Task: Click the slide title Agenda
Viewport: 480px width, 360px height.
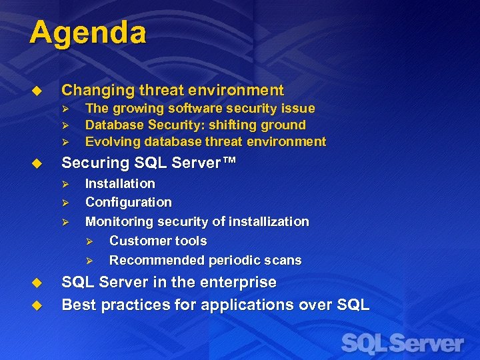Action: pyautogui.click(x=87, y=33)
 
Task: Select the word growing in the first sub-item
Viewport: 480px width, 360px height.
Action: pyautogui.click(x=137, y=108)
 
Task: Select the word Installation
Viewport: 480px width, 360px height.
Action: pyautogui.click(x=120, y=183)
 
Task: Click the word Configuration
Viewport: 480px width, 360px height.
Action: pyautogui.click(x=128, y=202)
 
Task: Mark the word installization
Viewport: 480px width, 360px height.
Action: pyautogui.click(x=271, y=221)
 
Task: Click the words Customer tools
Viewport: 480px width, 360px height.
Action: pyautogui.click(x=158, y=241)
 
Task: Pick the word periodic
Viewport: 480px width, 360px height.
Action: pyautogui.click(x=235, y=260)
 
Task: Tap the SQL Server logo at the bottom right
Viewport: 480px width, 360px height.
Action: pyautogui.click(x=401, y=344)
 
